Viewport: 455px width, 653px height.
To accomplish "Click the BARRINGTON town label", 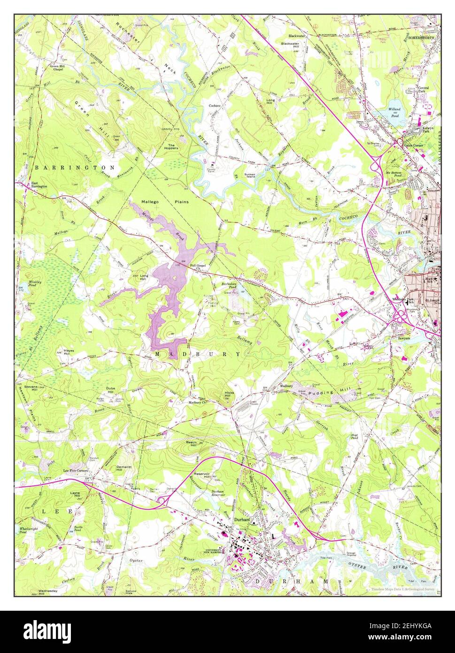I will (74, 167).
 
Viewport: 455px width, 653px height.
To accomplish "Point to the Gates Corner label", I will (414, 145).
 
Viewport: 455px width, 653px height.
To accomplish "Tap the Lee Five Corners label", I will (76, 470).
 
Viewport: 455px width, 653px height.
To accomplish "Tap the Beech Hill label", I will (191, 443).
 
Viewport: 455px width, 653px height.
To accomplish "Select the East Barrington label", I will (39, 185).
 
